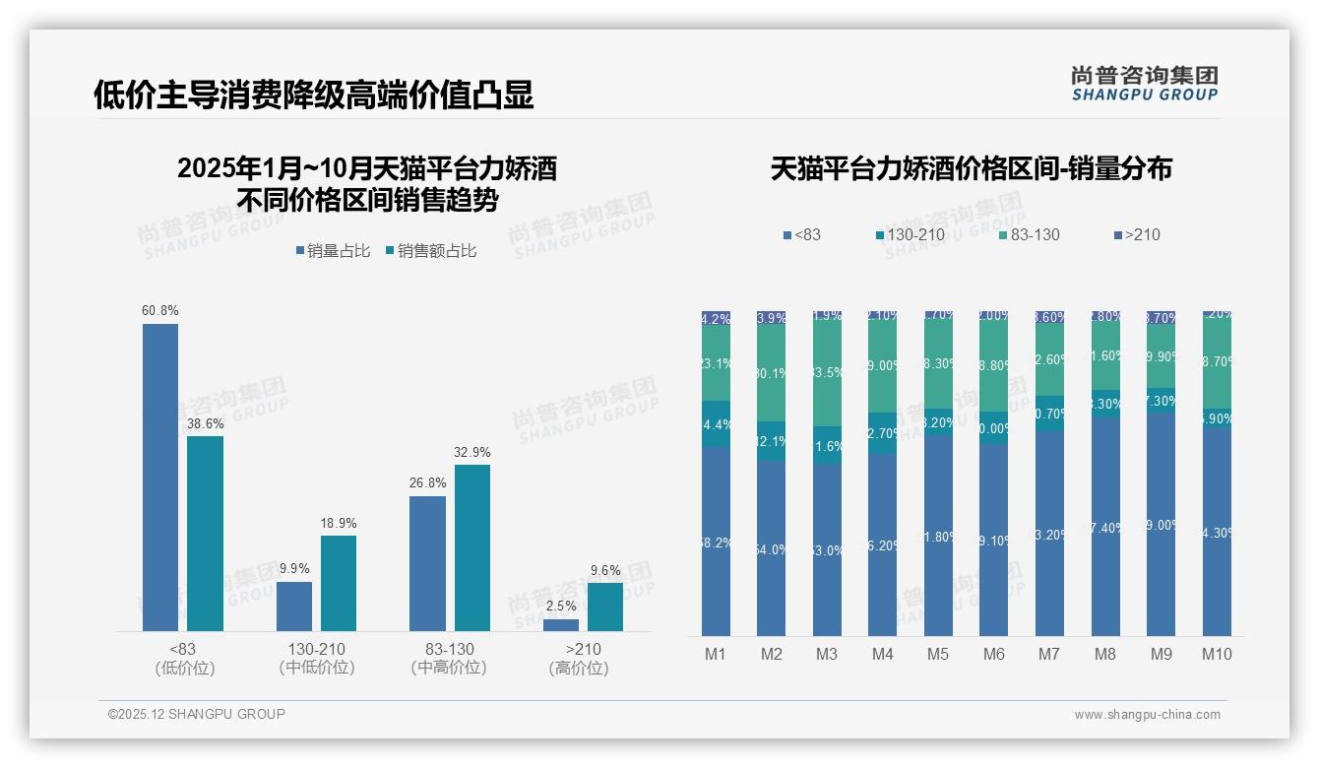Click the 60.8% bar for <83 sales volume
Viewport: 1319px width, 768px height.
click(x=160, y=478)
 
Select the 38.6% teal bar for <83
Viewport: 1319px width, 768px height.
click(x=206, y=534)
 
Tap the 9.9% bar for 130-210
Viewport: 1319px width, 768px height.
click(x=294, y=607)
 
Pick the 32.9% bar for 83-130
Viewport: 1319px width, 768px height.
click(x=472, y=547)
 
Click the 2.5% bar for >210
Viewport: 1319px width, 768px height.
click(x=561, y=625)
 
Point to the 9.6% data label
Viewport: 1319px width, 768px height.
click(x=605, y=570)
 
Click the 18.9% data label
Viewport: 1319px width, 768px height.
click(x=339, y=523)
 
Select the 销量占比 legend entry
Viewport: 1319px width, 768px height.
click(x=333, y=251)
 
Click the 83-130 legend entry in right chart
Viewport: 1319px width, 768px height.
click(x=1029, y=235)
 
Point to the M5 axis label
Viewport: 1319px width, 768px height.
click(x=938, y=654)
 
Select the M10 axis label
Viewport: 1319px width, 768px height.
click(x=1217, y=654)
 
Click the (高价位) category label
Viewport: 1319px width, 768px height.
click(x=578, y=668)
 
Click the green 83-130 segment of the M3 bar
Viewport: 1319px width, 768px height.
click(x=827, y=375)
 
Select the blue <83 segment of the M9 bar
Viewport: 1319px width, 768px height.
click(x=1162, y=525)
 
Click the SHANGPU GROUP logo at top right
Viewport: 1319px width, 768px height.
click(x=1144, y=84)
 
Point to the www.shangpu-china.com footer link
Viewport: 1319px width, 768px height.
click(x=1147, y=715)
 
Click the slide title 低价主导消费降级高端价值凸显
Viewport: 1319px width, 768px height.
click(x=314, y=95)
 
